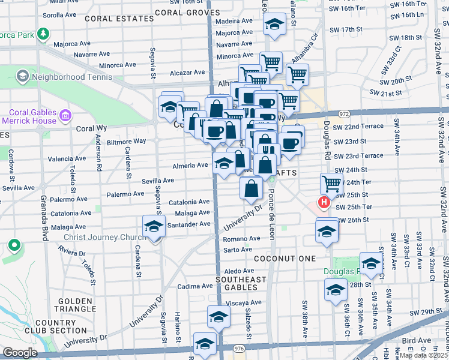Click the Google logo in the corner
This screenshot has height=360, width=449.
pyautogui.click(x=19, y=353)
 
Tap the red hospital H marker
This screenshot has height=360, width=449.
pyautogui.click(x=324, y=203)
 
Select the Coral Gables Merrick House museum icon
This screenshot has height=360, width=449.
pyautogui.click(x=65, y=114)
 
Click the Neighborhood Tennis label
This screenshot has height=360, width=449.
pyautogui.click(x=71, y=77)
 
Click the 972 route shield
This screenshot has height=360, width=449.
pyautogui.click(x=344, y=113)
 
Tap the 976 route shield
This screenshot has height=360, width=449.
pyautogui.click(x=240, y=349)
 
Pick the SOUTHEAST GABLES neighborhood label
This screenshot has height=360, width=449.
pyautogui.click(x=241, y=284)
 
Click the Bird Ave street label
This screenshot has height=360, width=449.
pyautogui.click(x=418, y=340)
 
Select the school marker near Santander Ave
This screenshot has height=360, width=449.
pyautogui.click(x=154, y=227)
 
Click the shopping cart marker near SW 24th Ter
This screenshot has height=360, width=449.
pyautogui.click(x=331, y=183)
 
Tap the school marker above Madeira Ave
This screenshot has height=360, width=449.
pyautogui.click(x=274, y=26)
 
